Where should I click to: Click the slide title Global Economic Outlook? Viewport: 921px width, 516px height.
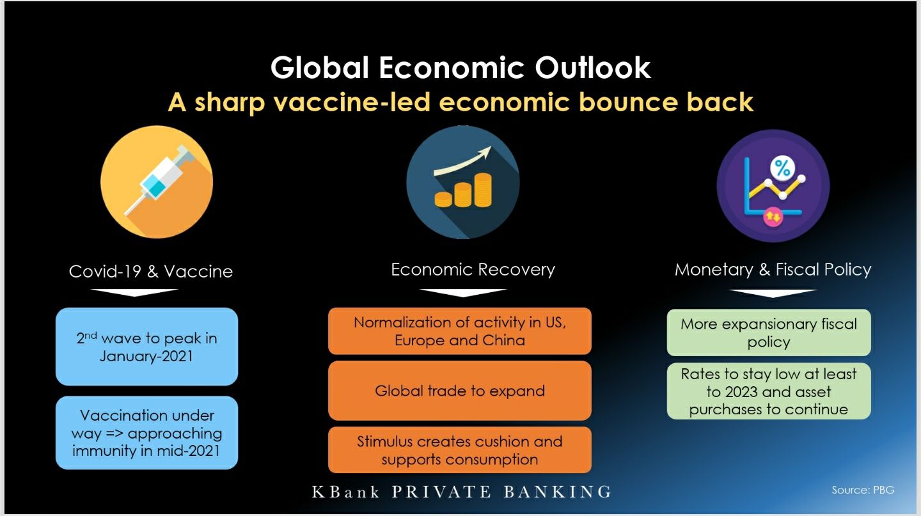(x=460, y=67)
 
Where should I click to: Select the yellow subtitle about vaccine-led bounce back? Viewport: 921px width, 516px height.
(x=460, y=102)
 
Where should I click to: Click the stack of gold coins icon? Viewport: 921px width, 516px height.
(x=463, y=191)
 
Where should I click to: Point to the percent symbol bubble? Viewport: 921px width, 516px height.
(x=782, y=168)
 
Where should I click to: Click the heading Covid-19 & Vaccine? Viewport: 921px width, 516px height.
(x=150, y=271)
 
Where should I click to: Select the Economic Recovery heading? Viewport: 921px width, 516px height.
(x=473, y=270)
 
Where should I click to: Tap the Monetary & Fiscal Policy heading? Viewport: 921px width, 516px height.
(x=773, y=270)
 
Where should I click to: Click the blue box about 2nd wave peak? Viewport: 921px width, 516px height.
(x=147, y=347)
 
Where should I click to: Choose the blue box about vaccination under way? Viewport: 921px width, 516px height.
(x=147, y=432)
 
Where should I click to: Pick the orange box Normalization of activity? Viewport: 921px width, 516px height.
(x=460, y=331)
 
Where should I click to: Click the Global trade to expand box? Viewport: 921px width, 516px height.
(x=460, y=391)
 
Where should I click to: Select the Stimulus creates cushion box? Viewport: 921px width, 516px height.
(x=460, y=450)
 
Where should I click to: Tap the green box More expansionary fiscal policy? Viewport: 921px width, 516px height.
(x=769, y=332)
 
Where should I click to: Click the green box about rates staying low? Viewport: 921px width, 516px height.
(x=769, y=391)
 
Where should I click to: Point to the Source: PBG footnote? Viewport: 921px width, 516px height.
(x=863, y=490)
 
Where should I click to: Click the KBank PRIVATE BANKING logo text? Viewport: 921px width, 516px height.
(x=461, y=492)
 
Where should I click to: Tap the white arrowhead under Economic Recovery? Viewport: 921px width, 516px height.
(x=463, y=292)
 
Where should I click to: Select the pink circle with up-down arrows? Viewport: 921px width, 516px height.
(x=773, y=216)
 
